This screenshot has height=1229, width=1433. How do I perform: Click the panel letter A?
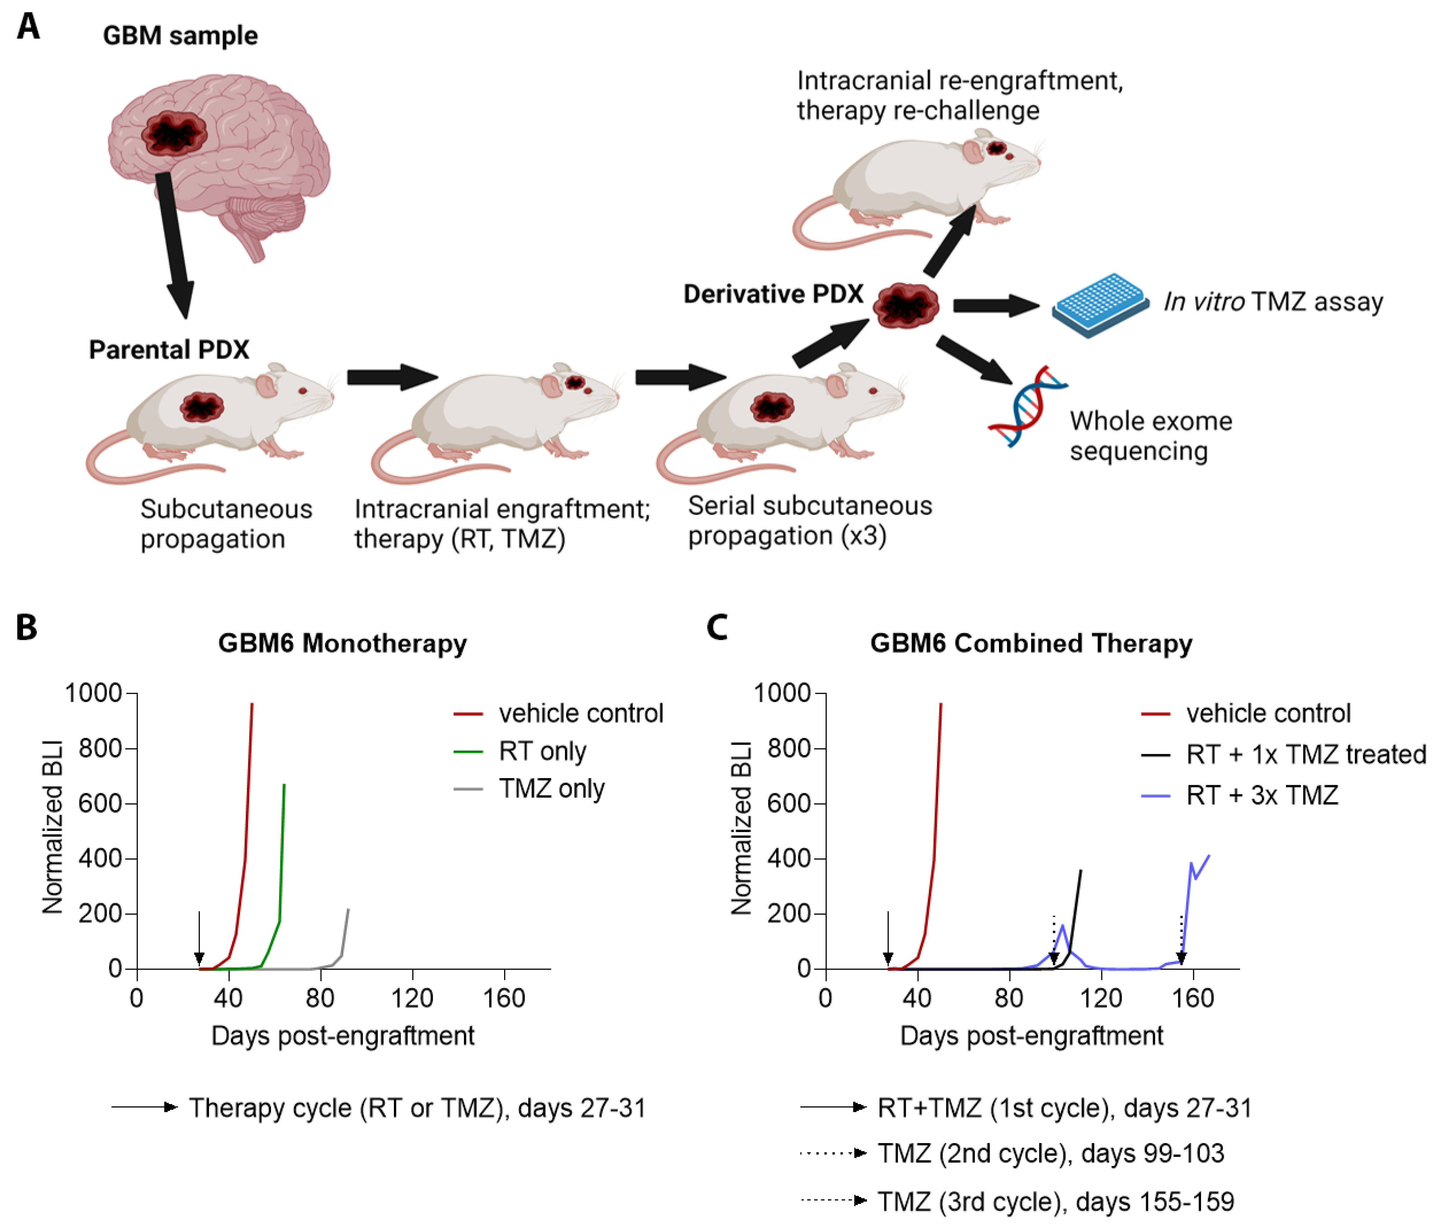coord(29,28)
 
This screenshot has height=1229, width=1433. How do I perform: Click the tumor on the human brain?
coord(174,133)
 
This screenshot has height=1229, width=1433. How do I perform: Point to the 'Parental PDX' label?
coord(169,350)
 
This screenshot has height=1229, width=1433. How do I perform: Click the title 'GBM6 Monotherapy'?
coord(342,643)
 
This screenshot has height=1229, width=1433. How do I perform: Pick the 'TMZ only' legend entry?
coord(551,788)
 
